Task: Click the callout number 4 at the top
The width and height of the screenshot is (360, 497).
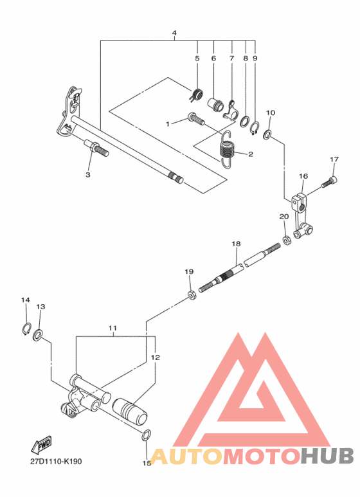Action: (174, 33)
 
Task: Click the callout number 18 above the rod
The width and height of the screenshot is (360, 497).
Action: (236, 244)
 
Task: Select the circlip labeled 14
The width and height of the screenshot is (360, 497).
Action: (26, 330)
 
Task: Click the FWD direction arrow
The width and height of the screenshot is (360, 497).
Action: (42, 446)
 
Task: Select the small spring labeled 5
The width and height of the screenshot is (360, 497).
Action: (197, 94)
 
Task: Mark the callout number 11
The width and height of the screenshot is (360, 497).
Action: (113, 328)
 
